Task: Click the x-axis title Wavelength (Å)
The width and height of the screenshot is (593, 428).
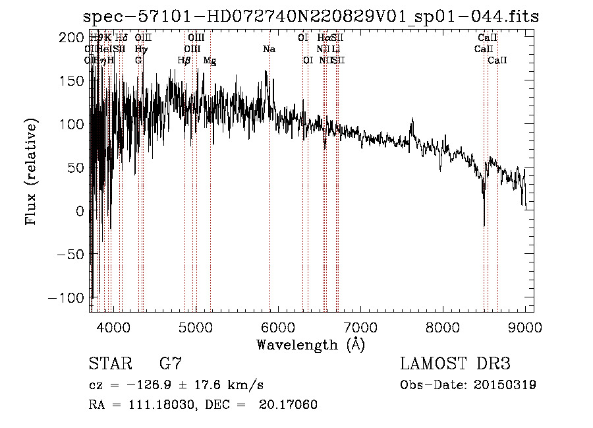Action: click(310, 344)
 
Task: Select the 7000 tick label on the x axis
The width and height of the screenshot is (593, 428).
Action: click(360, 326)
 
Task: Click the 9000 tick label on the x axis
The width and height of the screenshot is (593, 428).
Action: click(525, 326)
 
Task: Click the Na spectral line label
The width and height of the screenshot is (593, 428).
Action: click(269, 49)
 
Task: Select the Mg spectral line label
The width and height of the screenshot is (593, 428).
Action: click(210, 61)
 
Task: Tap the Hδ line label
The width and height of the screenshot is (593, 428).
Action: click(121, 38)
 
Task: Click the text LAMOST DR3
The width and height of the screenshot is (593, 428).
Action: click(455, 364)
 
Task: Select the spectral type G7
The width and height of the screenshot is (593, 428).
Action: click(171, 364)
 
